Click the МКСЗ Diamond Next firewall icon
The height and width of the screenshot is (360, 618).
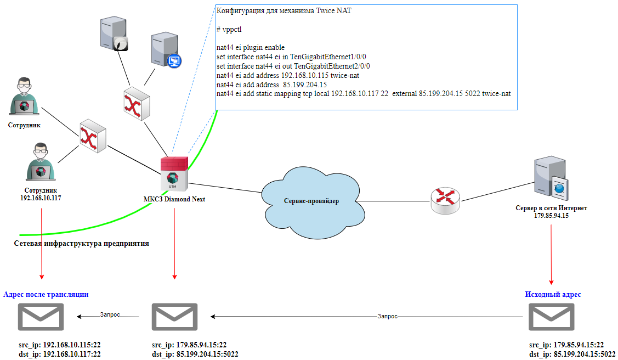174,173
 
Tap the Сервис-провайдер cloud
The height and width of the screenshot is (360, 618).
311,202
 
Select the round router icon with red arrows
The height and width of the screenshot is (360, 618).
445,201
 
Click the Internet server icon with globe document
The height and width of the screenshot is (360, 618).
551,178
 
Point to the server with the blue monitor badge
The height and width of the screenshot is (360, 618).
166,50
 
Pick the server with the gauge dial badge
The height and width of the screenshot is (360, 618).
114,33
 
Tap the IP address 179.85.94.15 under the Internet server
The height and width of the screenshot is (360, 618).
551,216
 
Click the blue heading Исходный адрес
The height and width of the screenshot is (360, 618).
553,294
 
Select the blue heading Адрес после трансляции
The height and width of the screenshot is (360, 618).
46,294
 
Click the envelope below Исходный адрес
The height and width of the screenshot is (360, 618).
551,317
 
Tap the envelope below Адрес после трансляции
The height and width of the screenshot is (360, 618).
41,317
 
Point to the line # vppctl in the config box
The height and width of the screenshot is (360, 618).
229,30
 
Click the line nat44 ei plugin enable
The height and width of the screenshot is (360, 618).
250,48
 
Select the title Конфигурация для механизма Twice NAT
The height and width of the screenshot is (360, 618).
284,10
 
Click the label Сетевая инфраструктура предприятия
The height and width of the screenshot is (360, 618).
82,243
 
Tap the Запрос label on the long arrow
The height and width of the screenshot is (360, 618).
387,316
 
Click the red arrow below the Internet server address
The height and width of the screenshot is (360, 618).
551,254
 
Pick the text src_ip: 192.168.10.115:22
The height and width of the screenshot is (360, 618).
60,345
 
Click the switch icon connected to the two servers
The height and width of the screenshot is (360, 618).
137,104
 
